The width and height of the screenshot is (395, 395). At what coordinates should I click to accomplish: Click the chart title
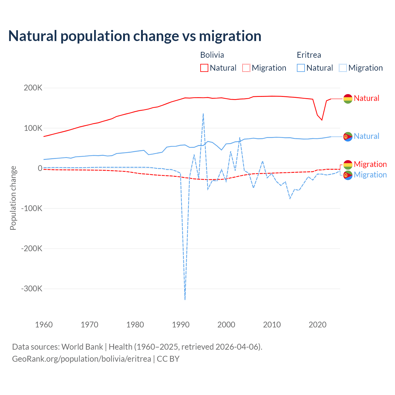pos(135,36)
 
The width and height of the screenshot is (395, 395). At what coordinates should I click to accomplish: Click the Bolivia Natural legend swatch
pos(204,68)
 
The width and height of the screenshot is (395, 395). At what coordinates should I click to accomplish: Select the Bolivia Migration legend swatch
pos(246,68)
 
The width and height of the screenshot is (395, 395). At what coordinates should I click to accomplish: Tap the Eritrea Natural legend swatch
pos(301,68)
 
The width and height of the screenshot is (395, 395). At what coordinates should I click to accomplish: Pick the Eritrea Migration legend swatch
pos(343,68)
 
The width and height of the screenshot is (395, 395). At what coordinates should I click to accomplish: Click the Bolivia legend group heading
pos(212,55)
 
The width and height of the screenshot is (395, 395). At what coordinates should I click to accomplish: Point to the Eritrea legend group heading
pos(309,55)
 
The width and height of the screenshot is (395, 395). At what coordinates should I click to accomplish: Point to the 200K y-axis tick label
pos(33,88)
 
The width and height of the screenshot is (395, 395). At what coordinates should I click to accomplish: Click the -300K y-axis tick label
pos(31,289)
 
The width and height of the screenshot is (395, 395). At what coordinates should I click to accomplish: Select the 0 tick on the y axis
pos(40,168)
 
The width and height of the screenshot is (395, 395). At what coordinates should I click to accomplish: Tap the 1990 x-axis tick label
pos(181,325)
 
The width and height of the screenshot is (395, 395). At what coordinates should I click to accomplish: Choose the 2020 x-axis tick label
pos(318,325)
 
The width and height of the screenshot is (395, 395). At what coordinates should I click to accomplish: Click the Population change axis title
pos(13,198)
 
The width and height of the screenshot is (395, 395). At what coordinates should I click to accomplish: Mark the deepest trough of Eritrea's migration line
pos(185,299)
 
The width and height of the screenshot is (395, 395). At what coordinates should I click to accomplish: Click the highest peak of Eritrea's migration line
pos(203,114)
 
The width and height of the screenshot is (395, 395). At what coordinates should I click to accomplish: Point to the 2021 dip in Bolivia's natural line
pos(322,120)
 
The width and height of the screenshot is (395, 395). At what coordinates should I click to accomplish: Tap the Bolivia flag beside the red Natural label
pos(348,99)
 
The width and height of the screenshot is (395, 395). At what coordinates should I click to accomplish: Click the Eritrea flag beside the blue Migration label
pos(348,175)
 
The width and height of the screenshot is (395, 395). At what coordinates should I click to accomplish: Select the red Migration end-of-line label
pos(370,164)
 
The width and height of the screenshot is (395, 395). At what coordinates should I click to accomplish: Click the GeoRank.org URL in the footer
pos(81,359)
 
